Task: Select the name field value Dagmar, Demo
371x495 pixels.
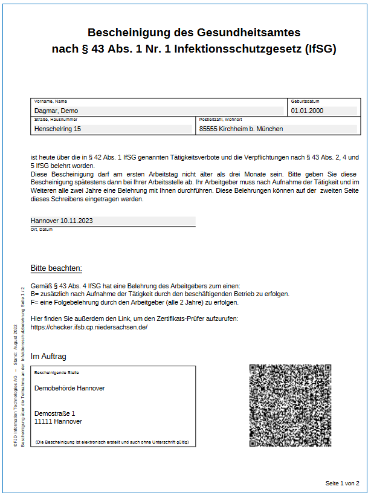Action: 56,111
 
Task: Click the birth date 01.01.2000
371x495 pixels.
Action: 307,111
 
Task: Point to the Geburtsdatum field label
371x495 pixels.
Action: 305,102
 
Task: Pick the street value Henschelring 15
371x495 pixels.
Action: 57,129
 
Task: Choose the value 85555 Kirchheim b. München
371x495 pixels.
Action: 241,129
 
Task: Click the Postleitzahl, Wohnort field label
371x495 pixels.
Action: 221,120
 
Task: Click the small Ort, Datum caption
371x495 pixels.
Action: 42,230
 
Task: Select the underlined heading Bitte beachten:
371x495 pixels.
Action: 56,268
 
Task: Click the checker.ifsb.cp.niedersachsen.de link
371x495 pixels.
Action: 89,327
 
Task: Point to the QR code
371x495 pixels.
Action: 290,405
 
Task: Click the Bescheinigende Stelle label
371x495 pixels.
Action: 57,373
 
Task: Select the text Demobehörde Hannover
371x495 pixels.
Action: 69,388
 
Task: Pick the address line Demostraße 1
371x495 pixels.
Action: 55,413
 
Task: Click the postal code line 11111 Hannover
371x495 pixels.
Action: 58,421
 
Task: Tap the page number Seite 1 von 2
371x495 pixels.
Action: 342,484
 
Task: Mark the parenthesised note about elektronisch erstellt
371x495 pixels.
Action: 112,442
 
